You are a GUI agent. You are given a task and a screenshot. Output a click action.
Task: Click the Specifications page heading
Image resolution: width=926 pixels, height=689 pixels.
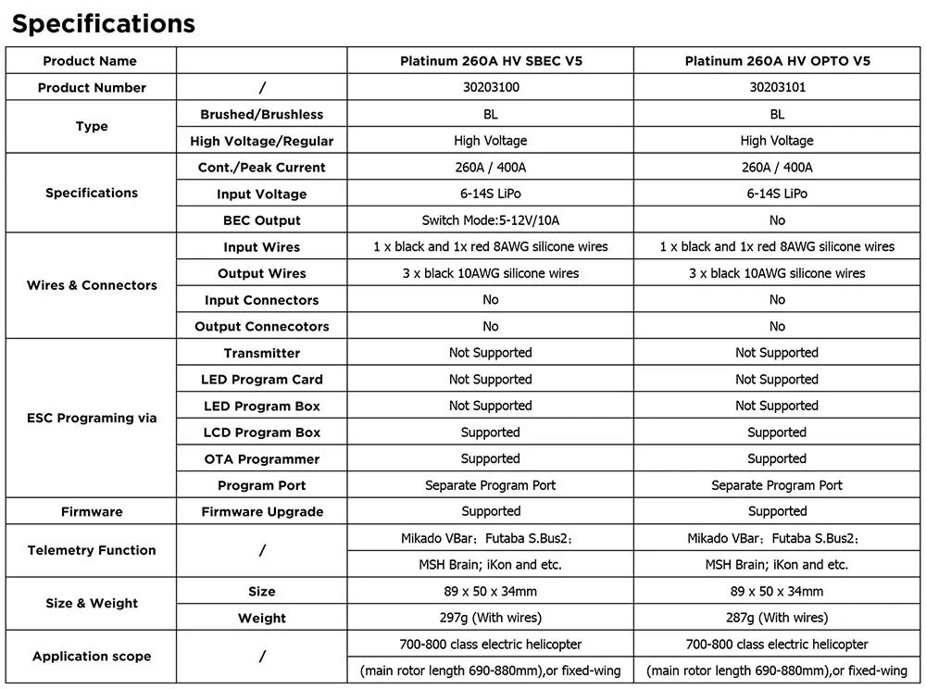click(103, 23)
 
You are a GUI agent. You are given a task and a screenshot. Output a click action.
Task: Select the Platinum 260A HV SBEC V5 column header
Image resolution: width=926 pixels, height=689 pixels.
click(491, 61)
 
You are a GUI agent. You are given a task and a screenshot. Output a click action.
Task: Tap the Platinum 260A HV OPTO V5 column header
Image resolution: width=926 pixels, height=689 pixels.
click(777, 61)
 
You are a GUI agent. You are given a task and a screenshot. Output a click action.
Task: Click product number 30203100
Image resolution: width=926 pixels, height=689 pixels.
click(491, 88)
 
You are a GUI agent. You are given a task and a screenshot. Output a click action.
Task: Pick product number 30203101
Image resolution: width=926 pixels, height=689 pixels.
click(777, 88)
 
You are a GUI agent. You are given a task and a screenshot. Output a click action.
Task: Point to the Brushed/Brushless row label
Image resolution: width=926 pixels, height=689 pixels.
click(262, 115)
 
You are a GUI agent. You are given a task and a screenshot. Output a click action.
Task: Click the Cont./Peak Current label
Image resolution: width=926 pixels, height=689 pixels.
click(262, 168)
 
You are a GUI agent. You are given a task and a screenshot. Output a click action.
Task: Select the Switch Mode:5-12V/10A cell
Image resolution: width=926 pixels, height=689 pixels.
click(491, 220)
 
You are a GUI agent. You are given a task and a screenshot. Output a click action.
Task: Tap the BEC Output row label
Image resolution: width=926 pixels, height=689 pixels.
click(262, 220)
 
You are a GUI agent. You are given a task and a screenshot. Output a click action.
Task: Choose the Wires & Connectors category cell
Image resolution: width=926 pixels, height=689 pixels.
click(92, 285)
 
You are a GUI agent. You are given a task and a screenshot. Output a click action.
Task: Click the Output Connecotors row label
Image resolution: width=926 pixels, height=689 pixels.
click(262, 327)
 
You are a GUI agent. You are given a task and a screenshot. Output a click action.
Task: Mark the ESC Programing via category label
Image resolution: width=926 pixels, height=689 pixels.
click(92, 418)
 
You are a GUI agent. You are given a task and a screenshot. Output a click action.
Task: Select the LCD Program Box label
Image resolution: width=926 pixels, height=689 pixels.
click(262, 432)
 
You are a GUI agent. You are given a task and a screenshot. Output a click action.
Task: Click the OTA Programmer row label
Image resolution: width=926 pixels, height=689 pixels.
click(262, 459)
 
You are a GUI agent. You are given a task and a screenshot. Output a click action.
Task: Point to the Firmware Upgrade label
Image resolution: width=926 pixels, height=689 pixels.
click(262, 512)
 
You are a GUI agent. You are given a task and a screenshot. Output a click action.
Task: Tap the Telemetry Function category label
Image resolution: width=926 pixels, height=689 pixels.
click(92, 550)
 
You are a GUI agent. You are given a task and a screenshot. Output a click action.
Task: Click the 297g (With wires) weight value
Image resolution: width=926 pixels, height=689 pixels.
click(491, 618)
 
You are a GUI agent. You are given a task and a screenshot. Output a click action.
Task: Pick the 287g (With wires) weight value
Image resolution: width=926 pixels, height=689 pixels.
click(777, 618)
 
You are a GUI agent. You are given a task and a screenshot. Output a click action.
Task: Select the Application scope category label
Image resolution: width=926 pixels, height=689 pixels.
click(92, 657)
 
